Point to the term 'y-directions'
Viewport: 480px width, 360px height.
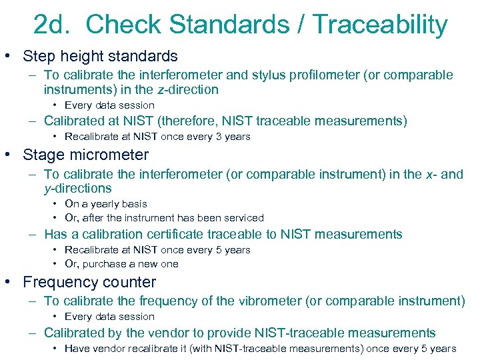[78, 188]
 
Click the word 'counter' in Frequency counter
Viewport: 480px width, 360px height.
[130, 282]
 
